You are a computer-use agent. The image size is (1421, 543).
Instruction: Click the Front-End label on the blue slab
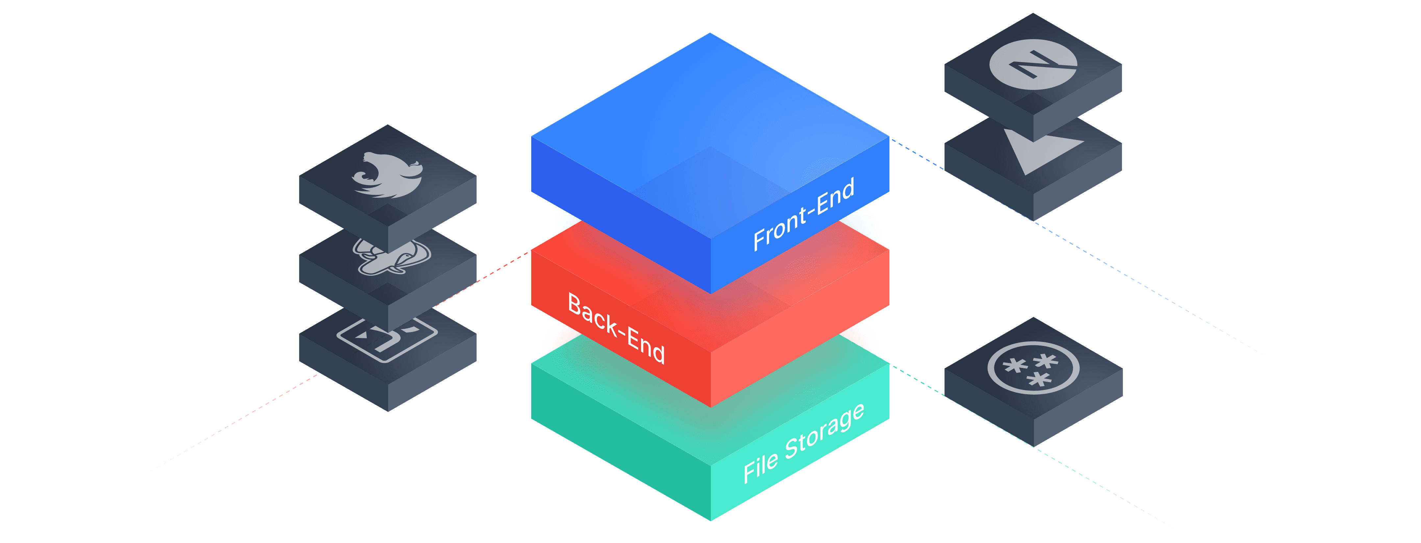(804, 214)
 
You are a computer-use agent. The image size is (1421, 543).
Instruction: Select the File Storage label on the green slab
(804, 443)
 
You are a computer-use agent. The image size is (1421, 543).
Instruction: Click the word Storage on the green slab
(825, 431)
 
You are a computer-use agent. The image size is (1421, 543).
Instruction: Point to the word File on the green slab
(760, 467)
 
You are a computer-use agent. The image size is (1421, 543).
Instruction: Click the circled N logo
(1033, 65)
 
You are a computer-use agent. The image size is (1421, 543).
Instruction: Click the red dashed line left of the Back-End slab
(496, 271)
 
